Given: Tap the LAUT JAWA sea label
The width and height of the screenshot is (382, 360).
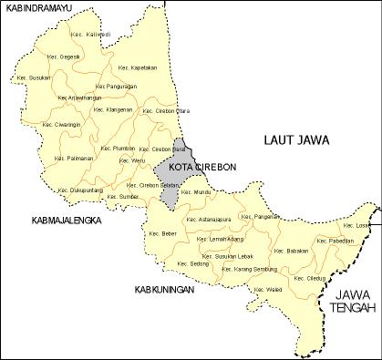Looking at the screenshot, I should point(295,139).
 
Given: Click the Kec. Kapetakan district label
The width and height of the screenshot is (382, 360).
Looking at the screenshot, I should point(139,67).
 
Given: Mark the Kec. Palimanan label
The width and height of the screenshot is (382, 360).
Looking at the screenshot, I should point(74,157).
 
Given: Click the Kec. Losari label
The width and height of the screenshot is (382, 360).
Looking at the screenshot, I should point(356,224).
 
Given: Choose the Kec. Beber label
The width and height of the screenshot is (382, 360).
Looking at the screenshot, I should point(163,233).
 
